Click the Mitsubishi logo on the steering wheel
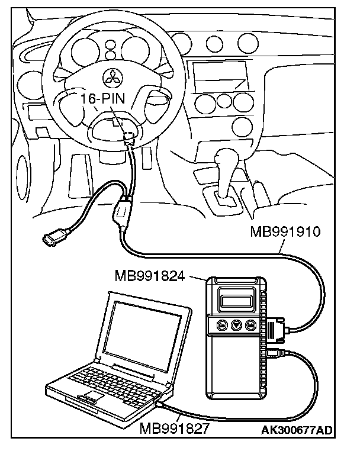click(x=108, y=74)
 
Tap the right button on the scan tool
click(x=250, y=325)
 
